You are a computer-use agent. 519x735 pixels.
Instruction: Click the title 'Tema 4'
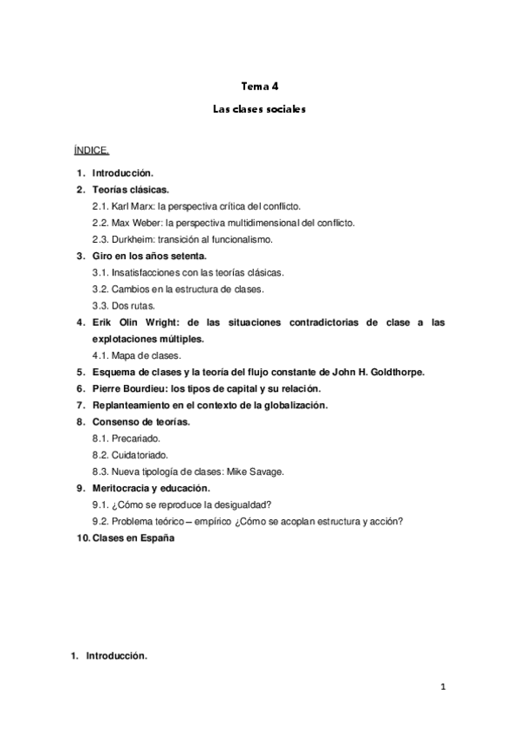pyautogui.click(x=259, y=86)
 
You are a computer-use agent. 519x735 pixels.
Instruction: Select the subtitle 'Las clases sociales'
pyautogui.click(x=259, y=111)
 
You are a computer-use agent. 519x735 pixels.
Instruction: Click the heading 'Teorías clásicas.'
pyautogui.click(x=131, y=189)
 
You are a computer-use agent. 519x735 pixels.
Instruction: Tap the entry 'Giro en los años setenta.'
pyautogui.click(x=149, y=256)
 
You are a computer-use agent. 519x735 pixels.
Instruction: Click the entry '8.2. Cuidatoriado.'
pyautogui.click(x=130, y=455)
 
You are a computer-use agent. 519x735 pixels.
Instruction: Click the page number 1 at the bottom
pyautogui.click(x=443, y=688)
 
